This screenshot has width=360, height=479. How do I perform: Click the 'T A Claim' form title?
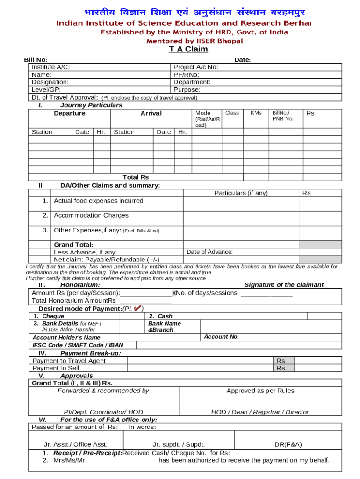[188, 49]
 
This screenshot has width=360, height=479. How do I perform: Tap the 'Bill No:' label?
[36, 59]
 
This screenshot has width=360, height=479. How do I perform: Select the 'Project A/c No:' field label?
[195, 67]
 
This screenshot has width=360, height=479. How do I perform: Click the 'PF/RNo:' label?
[186, 74]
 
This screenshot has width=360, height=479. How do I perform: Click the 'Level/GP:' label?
[46, 89]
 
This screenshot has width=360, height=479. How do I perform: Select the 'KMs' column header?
[256, 113]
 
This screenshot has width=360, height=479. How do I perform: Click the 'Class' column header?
[232, 113]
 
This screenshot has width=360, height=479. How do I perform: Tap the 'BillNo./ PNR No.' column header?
[282, 116]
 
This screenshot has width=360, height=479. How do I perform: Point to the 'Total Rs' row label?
[136, 177]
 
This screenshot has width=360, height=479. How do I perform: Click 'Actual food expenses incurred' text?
[98, 201]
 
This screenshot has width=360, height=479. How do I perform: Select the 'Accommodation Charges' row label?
[91, 215]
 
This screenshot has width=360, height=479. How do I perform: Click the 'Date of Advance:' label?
[209, 252]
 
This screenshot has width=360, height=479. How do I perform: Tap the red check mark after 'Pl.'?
[137, 308]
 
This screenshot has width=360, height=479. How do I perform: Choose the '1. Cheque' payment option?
[49, 316]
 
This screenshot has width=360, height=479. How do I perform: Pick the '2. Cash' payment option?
[160, 316]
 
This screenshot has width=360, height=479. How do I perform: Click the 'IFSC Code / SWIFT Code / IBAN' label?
[78, 345]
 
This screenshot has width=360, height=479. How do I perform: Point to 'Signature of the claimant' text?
[284, 285]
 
